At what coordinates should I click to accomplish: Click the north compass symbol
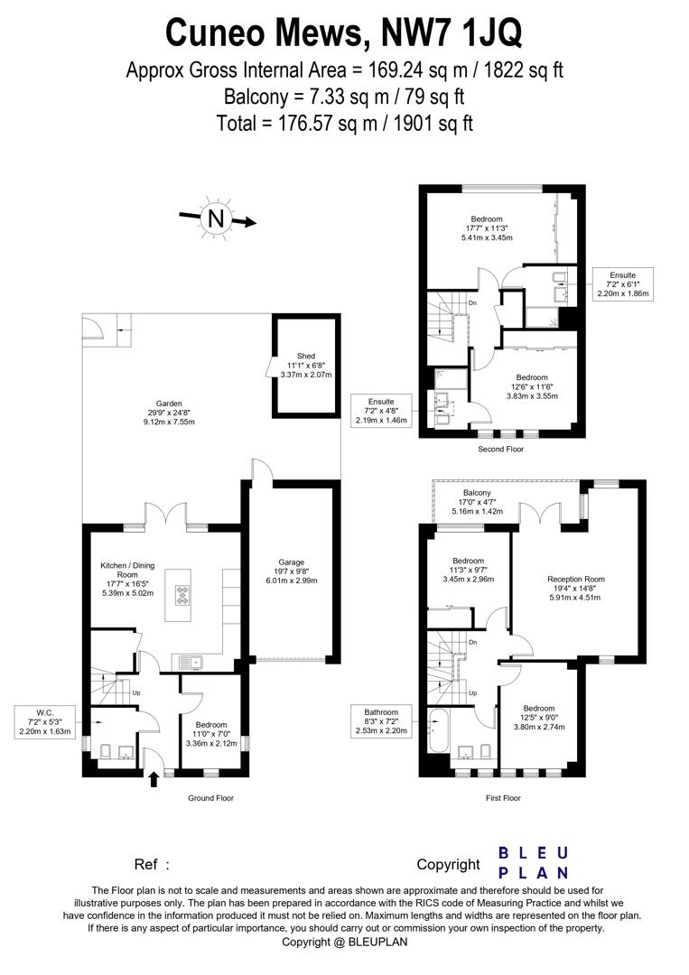click(x=215, y=218)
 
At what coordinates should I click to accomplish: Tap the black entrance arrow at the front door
click(x=153, y=777)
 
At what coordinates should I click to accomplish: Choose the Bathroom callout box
click(x=382, y=721)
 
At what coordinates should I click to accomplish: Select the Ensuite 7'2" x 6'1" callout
click(x=623, y=283)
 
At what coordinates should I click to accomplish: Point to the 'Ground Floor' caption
click(x=211, y=798)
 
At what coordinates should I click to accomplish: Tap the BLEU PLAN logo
click(x=534, y=862)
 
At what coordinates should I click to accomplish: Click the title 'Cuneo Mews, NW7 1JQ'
click(x=344, y=33)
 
